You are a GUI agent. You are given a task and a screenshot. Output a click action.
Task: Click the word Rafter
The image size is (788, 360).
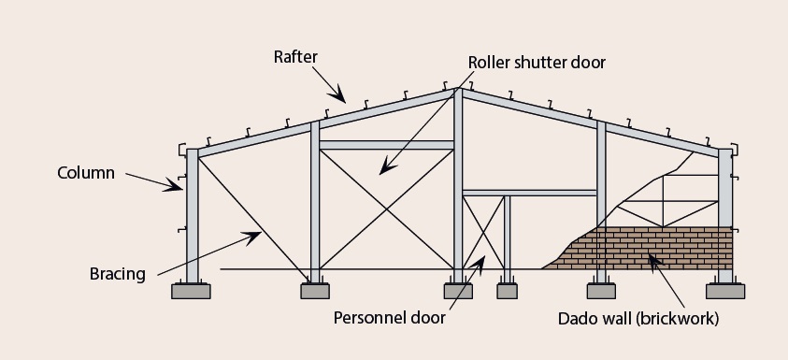(295, 58)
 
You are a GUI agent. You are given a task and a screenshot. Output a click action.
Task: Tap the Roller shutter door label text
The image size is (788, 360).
(537, 63)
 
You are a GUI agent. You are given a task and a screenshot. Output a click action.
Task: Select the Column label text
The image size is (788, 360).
(86, 173)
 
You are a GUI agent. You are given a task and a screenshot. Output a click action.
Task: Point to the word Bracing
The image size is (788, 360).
(118, 274)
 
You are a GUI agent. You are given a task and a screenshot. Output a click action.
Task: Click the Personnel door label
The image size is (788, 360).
(390, 317)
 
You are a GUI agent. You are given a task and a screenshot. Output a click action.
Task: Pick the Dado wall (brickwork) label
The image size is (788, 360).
(638, 318)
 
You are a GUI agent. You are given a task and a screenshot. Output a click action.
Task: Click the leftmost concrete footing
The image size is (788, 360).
(193, 291)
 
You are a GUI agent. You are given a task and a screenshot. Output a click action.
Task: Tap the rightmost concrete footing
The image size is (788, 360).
(724, 291)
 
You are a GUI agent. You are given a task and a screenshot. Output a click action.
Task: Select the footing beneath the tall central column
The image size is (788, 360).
(458, 291)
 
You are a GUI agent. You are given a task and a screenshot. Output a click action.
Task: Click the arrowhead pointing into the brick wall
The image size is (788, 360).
(653, 253)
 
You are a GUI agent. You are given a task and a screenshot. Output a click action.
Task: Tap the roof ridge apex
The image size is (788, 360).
(458, 90)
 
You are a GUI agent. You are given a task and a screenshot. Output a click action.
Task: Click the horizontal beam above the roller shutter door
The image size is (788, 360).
(387, 145)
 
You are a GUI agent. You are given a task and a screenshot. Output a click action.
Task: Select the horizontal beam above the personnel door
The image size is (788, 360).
(529, 193)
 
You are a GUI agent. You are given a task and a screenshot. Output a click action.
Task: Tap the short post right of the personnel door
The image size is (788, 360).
(508, 238)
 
